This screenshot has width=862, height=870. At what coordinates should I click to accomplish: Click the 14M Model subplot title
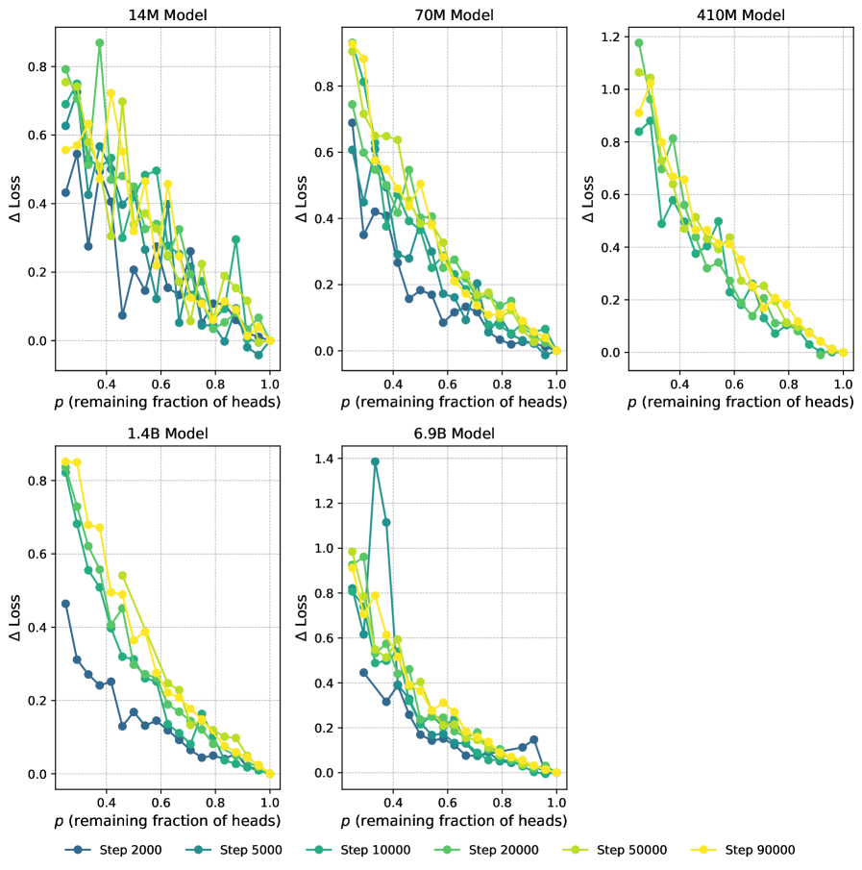(x=168, y=14)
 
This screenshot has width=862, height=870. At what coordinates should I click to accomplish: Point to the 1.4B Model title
(x=168, y=434)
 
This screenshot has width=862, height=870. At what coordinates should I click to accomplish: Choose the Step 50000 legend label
(x=630, y=850)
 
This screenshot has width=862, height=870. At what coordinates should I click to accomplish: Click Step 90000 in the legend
(x=759, y=850)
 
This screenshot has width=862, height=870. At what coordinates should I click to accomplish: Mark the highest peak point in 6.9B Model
(x=375, y=461)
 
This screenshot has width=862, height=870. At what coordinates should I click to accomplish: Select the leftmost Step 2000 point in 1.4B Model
(x=65, y=604)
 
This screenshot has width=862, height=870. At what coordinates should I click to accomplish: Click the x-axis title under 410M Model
(x=741, y=402)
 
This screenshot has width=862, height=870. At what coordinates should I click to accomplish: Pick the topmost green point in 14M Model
(x=100, y=43)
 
